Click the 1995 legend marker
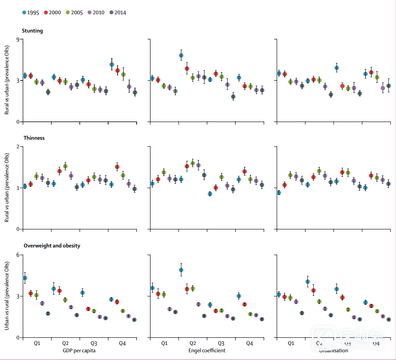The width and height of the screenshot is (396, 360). [x=24, y=13]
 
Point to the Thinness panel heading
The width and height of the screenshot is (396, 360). [x=34, y=138]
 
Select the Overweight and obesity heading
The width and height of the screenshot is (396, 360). [x=52, y=246]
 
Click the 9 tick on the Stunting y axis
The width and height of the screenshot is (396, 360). [x=17, y=39]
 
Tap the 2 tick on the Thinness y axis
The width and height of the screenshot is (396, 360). [x=17, y=147]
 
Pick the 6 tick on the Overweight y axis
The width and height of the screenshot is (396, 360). [x=17, y=255]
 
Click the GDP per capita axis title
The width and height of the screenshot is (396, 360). [x=79, y=350]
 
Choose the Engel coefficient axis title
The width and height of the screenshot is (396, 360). [x=207, y=350]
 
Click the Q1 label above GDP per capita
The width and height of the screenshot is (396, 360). [x=37, y=343]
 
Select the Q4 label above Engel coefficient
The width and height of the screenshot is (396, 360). [x=250, y=343]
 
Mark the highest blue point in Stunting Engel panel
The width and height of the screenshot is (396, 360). [x=181, y=55]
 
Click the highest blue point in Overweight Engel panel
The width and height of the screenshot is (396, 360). [x=181, y=270]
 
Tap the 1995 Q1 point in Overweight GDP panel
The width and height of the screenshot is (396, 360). [x=25, y=278]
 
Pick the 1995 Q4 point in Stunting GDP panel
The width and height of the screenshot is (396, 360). [x=112, y=64]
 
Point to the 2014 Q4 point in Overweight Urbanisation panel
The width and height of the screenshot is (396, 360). [x=388, y=319]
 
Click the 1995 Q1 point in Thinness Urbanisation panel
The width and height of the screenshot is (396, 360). [x=279, y=193]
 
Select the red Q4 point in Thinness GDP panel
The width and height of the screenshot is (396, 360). [x=117, y=167]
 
